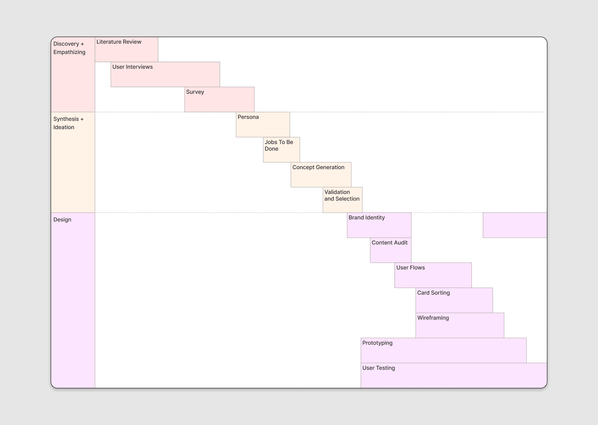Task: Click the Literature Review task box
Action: pos(126,49)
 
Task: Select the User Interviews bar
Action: pos(165,74)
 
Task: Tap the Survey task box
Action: pos(219,100)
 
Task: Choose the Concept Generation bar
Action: pos(321,175)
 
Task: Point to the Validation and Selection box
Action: pos(342,200)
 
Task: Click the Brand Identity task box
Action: pos(379,225)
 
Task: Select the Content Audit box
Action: pos(391,250)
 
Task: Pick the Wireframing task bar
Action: pos(460,326)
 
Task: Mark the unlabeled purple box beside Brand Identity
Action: pos(515,225)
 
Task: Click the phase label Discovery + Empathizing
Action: pos(69,48)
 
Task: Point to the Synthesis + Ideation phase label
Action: pos(68,123)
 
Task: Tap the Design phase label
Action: pos(62,220)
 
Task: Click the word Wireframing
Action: pos(433,318)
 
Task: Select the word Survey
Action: pos(195,92)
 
